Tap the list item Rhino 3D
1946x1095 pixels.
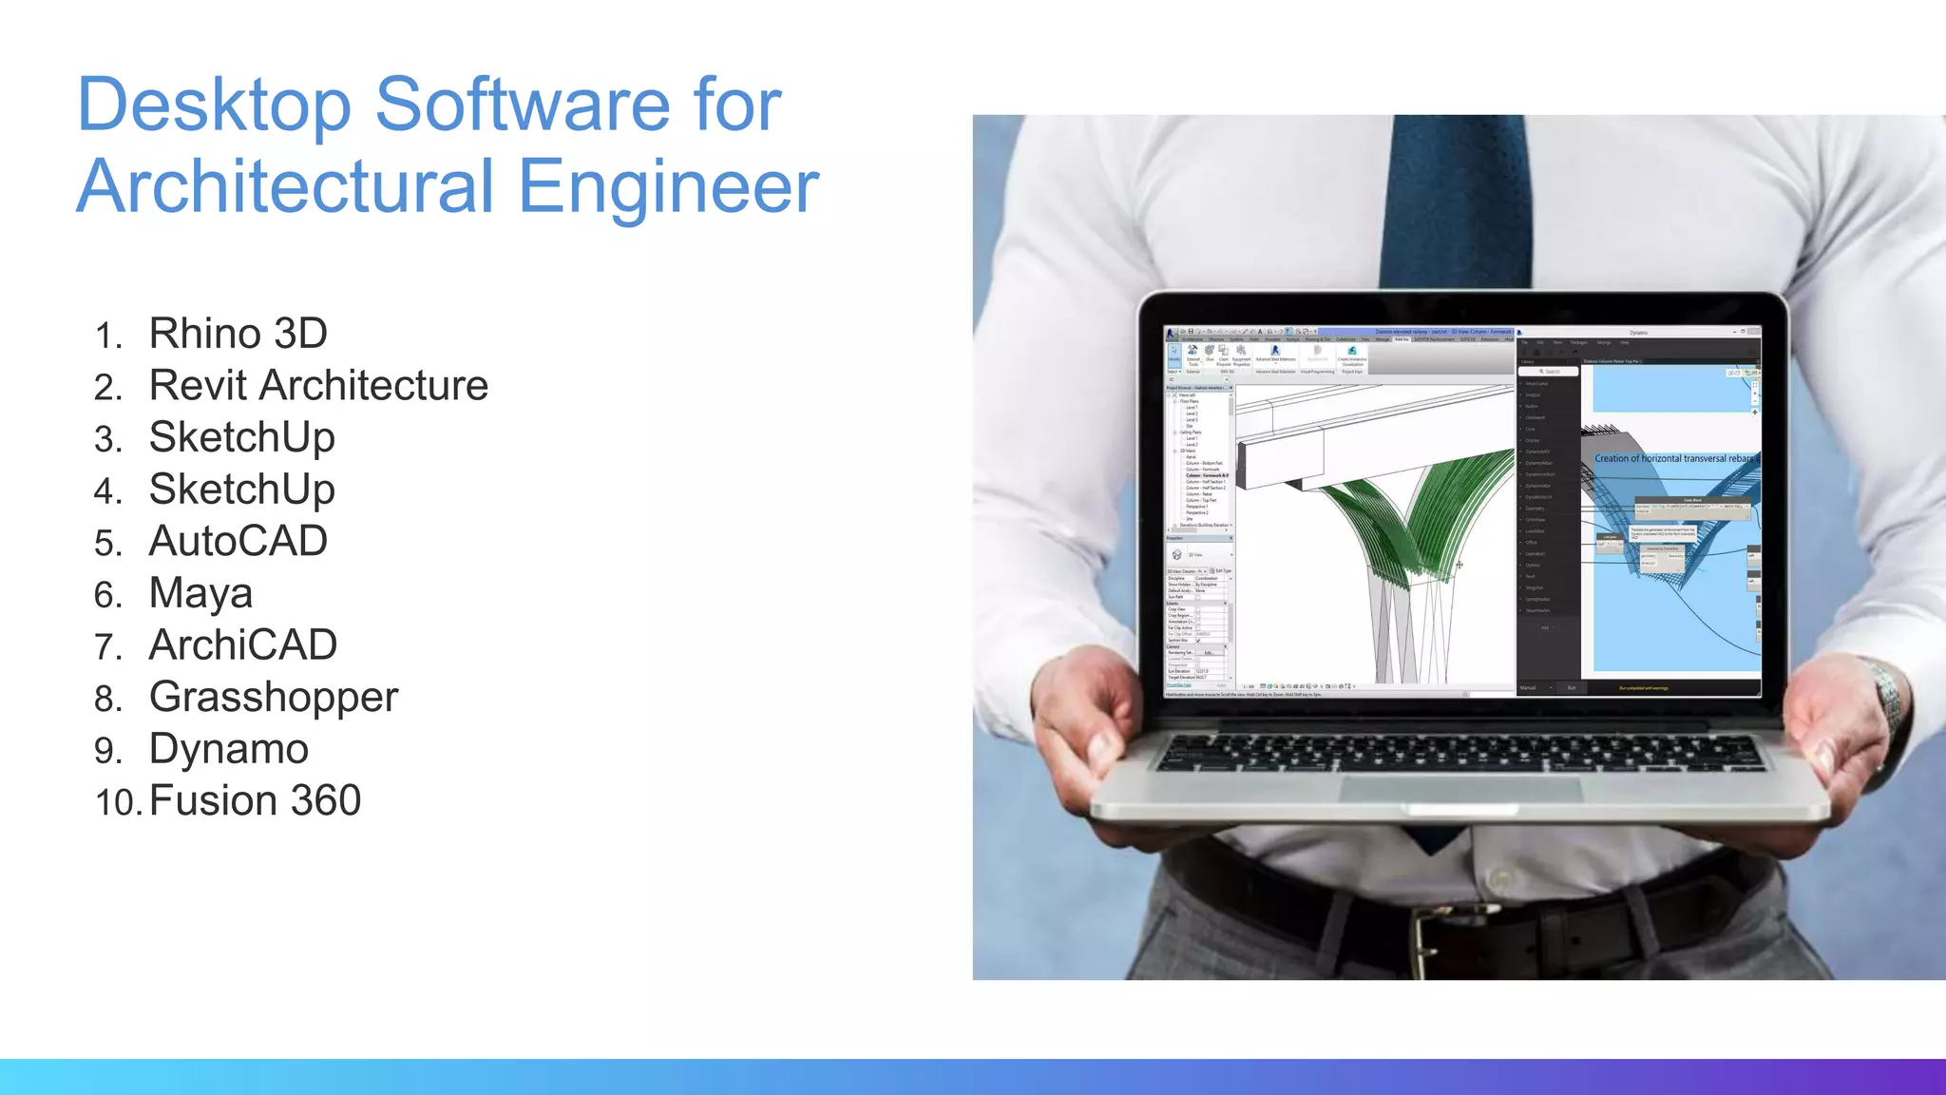point(238,334)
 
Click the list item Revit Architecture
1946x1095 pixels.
point(318,386)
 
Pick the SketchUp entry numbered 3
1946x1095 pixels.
point(241,438)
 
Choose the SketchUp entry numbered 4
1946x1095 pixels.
point(241,490)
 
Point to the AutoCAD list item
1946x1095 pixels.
point(238,542)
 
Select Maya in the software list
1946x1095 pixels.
point(200,594)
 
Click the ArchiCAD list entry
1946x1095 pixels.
point(242,645)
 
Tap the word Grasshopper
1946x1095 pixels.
point(274,698)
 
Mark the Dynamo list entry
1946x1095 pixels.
point(228,749)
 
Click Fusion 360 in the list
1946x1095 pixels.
point(255,800)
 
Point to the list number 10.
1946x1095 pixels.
point(117,802)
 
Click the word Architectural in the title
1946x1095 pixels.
point(286,186)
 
